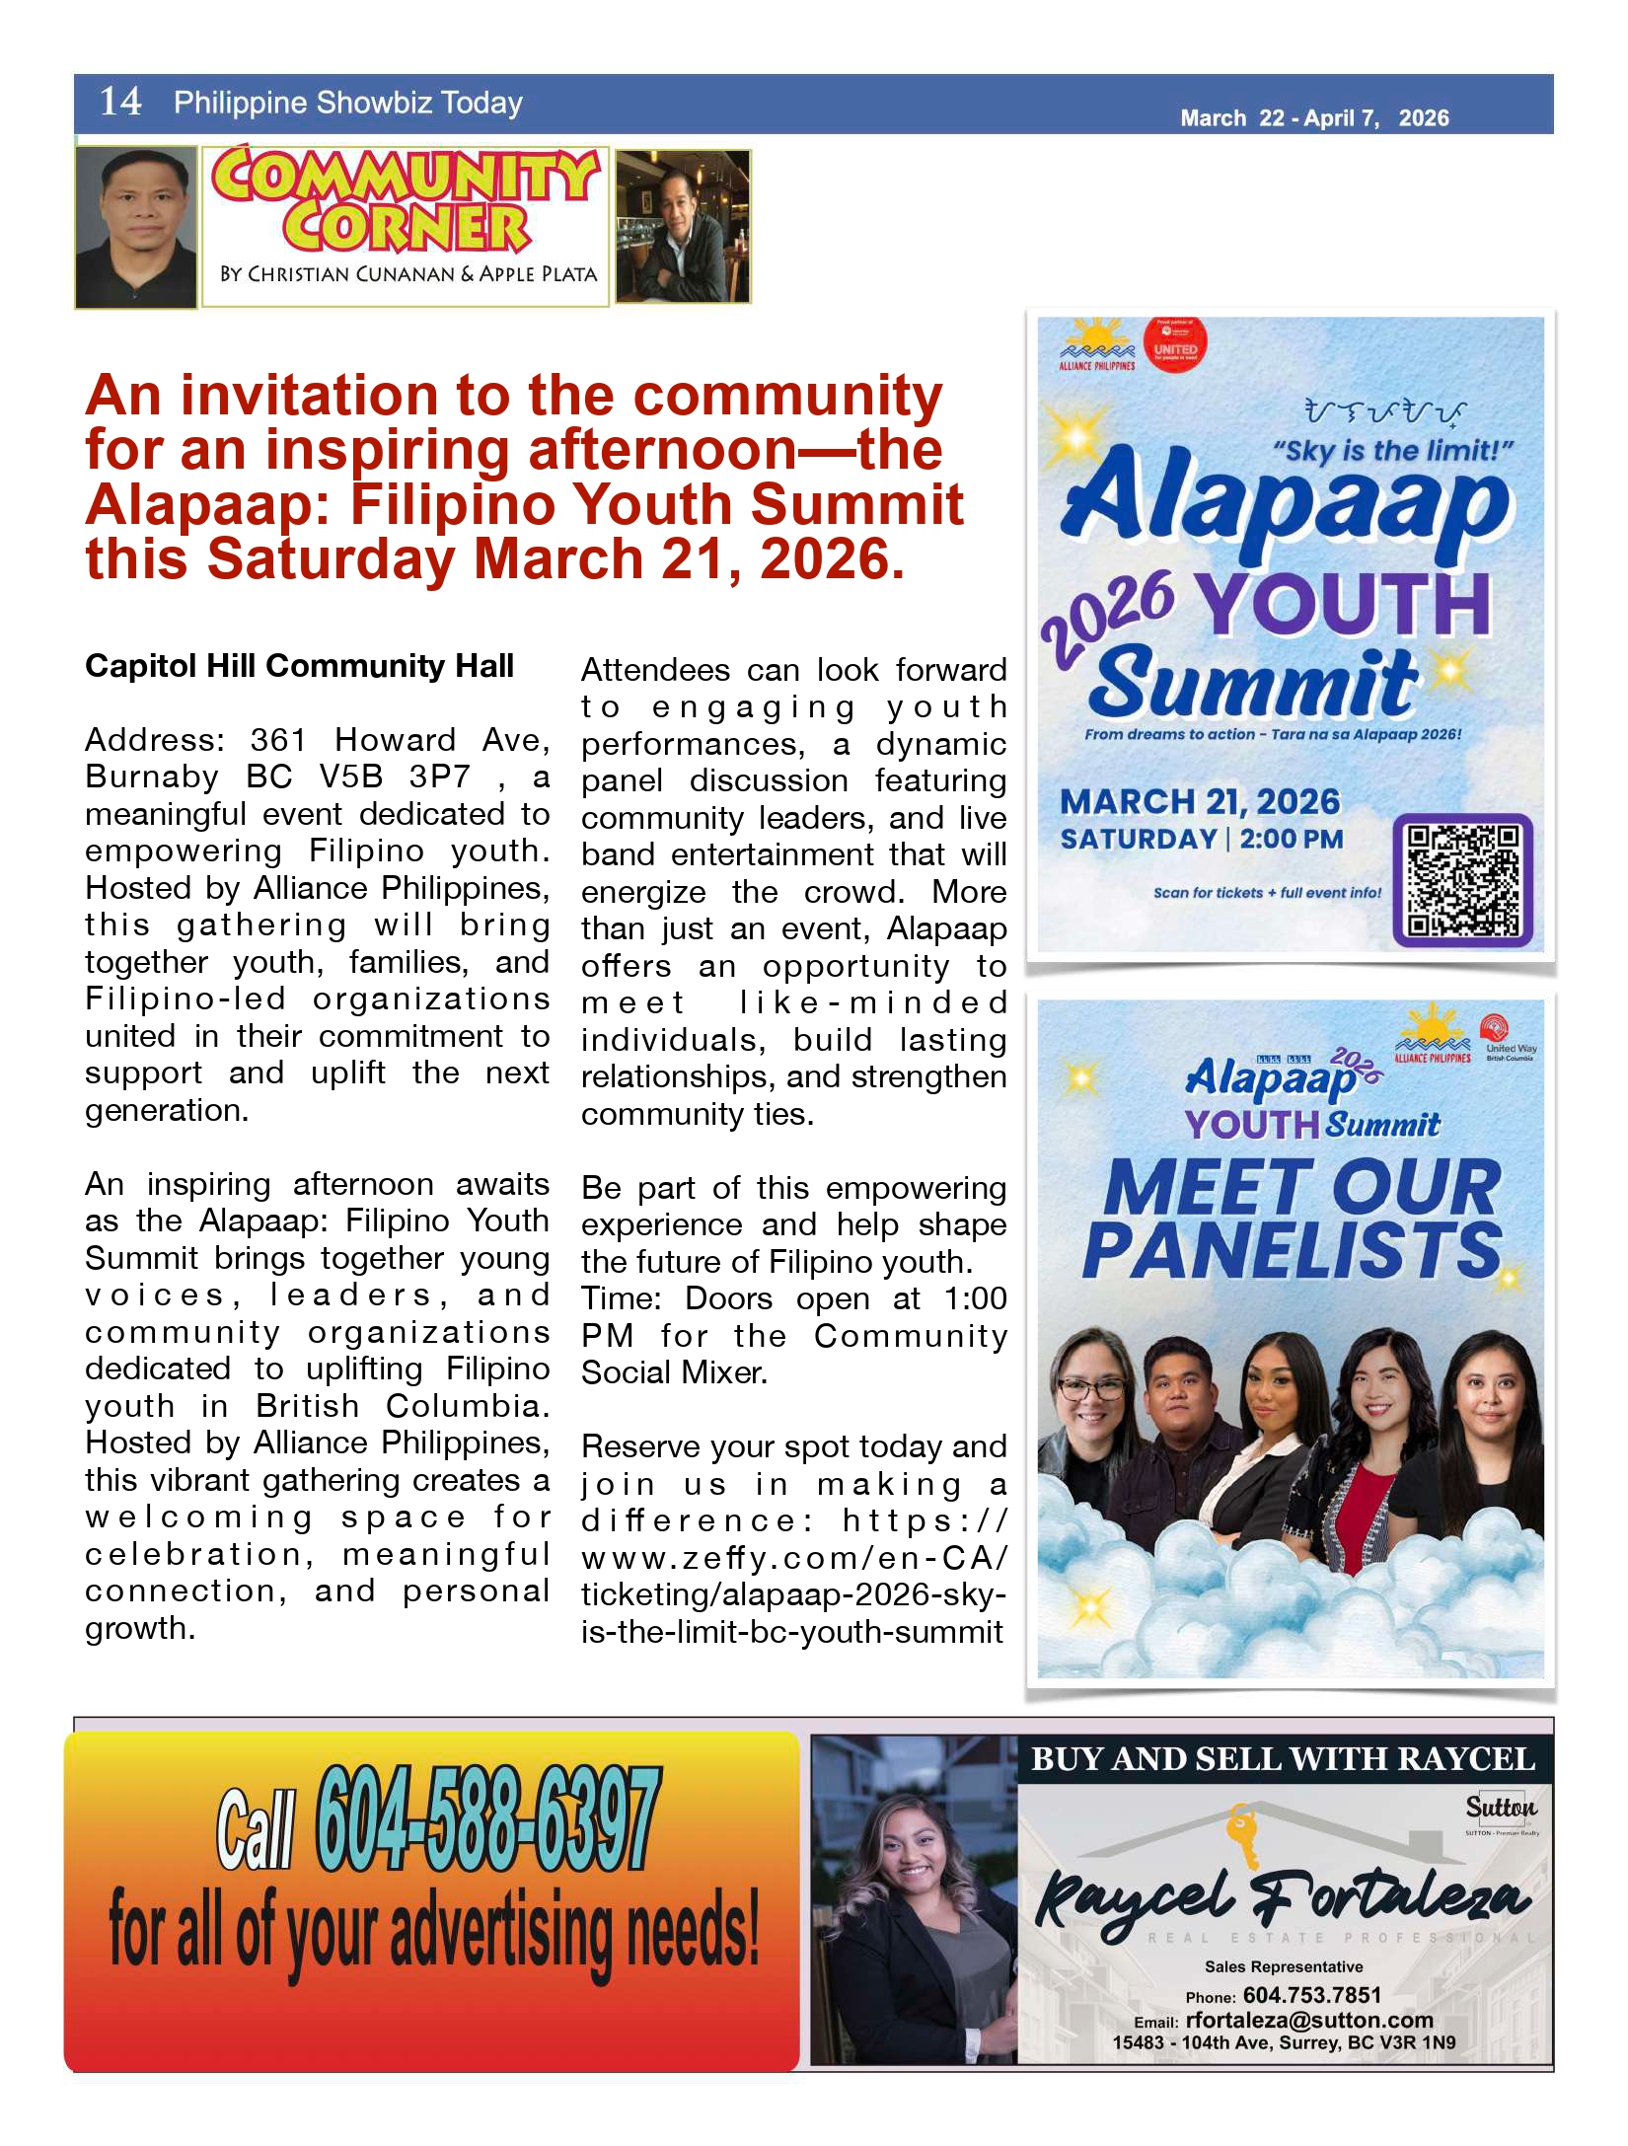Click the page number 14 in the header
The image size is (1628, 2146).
point(120,102)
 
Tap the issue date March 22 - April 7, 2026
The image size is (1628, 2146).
point(1313,118)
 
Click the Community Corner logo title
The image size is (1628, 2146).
point(405,201)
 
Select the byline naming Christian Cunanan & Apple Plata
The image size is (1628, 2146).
point(408,274)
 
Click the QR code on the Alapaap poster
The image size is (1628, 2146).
point(1462,880)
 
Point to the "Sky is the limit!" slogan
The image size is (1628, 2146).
point(1392,451)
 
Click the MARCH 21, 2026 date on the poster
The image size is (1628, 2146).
point(1200,802)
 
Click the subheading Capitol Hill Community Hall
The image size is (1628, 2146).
point(299,666)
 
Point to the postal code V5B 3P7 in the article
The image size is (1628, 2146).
point(396,777)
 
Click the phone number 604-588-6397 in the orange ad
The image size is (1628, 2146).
point(487,1817)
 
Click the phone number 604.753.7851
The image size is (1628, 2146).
point(1311,1995)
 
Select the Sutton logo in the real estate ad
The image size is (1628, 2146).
point(1500,1808)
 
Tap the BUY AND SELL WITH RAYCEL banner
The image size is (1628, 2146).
point(1283,1759)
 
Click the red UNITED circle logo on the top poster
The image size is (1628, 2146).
point(1174,346)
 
